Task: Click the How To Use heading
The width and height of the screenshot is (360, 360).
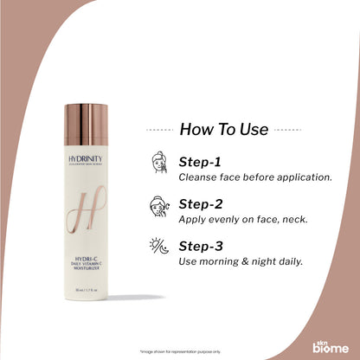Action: pos(224,130)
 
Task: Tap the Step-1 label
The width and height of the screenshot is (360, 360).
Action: pos(202,162)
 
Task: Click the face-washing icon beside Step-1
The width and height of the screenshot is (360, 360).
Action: pos(159,165)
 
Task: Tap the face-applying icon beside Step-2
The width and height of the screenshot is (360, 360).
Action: pos(159,208)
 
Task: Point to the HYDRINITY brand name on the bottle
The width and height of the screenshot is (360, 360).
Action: pos(93,162)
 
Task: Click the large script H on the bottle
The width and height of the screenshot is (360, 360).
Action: pos(92,215)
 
